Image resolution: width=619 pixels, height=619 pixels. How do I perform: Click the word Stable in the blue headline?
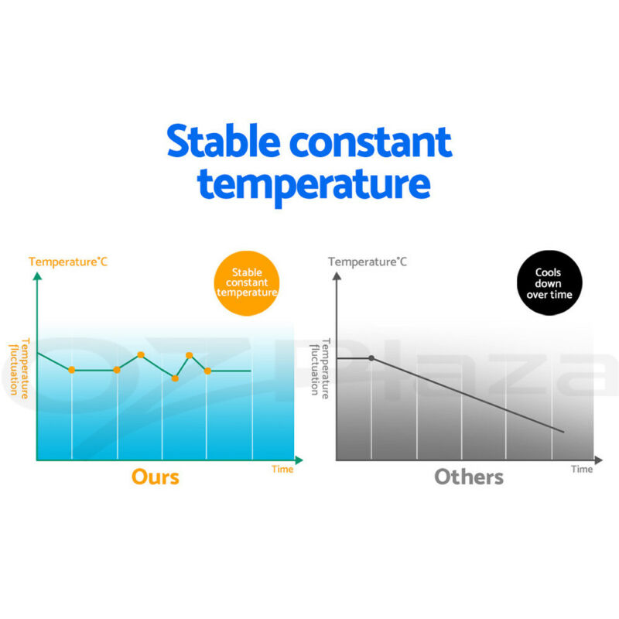(x=224, y=141)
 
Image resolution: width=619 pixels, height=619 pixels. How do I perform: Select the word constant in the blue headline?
(x=371, y=142)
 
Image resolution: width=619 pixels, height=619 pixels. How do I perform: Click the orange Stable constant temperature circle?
(x=247, y=283)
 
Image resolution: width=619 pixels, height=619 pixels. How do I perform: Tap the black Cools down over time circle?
(x=549, y=282)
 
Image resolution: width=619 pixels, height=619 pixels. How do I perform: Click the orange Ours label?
(x=156, y=477)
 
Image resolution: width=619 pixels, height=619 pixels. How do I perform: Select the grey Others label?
(x=469, y=477)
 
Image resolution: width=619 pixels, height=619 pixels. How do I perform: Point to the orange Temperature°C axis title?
(x=68, y=262)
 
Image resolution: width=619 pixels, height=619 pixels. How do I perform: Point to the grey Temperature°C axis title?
(x=367, y=262)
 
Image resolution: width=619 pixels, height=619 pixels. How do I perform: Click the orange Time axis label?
(x=282, y=469)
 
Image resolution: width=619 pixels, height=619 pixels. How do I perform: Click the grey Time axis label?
(x=582, y=469)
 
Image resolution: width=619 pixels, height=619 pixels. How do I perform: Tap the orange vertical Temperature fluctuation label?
(x=19, y=368)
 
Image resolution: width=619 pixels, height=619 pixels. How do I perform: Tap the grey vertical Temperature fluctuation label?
(x=320, y=368)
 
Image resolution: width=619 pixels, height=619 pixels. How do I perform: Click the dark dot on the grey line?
(x=371, y=358)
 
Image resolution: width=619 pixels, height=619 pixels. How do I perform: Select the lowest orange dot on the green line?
(x=175, y=378)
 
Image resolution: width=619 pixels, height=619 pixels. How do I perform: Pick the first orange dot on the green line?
(x=71, y=370)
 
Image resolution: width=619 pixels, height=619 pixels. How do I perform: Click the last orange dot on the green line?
(x=207, y=371)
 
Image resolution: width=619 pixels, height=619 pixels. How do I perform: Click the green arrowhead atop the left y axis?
(x=37, y=276)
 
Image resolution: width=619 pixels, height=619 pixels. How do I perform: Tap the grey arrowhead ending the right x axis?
(x=598, y=460)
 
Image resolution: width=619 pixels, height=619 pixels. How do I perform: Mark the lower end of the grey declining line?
(x=564, y=432)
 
